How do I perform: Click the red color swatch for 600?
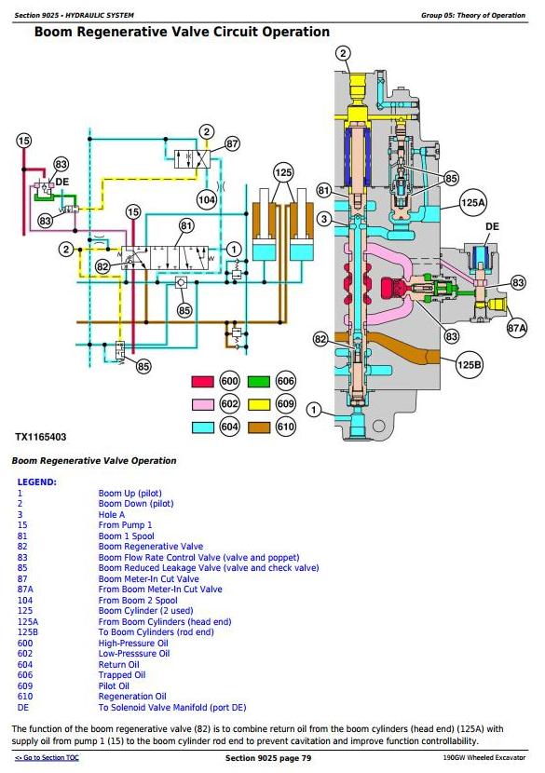click(202, 382)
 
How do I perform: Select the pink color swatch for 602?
click(202, 404)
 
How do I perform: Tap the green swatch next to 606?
click(258, 382)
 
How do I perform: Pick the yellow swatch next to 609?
click(258, 404)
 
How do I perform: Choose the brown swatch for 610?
click(258, 427)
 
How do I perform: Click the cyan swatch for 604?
click(202, 427)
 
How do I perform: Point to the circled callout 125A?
click(473, 203)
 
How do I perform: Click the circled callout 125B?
click(469, 365)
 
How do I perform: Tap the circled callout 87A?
click(517, 328)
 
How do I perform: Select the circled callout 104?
click(207, 199)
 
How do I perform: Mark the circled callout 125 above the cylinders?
click(283, 172)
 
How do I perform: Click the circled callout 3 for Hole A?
click(324, 219)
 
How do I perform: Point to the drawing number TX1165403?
click(40, 437)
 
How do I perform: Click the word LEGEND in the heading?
click(37, 482)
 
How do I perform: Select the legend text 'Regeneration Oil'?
click(132, 697)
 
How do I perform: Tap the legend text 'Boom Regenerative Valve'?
click(150, 547)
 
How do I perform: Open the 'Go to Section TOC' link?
click(47, 758)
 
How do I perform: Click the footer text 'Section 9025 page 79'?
click(268, 758)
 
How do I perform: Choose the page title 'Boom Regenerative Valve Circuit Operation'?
click(182, 32)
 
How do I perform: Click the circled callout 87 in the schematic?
click(232, 144)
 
